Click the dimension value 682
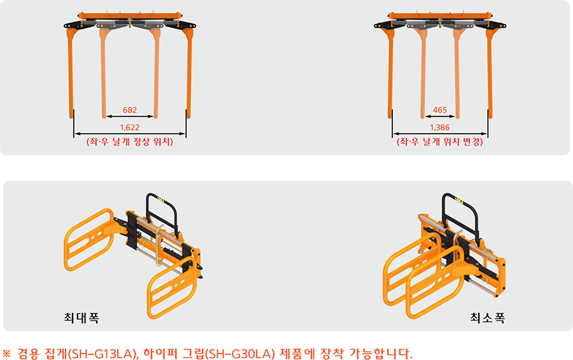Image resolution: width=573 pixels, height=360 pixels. tap(130, 110)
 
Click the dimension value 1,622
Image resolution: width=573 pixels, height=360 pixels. tap(130, 127)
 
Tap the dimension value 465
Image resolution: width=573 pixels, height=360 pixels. tap(439, 110)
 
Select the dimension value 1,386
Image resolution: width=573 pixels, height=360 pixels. tap(439, 127)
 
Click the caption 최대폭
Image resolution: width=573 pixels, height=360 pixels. tap(81, 317)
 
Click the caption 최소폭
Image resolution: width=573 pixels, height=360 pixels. tap(488, 317)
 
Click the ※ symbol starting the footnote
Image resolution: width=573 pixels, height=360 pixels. tap(6, 354)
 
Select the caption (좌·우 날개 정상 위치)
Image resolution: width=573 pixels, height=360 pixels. tap(130, 142)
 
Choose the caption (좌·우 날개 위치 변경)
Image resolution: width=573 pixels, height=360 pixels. tap(440, 142)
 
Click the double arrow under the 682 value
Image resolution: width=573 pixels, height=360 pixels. tap(130, 117)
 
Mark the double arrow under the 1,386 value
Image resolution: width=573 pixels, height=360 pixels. tap(440, 134)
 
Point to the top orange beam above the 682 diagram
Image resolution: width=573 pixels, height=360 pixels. tap(130, 16)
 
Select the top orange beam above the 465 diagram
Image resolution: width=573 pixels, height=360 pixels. tap(440, 16)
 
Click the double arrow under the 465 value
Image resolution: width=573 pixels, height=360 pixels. tap(440, 117)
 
